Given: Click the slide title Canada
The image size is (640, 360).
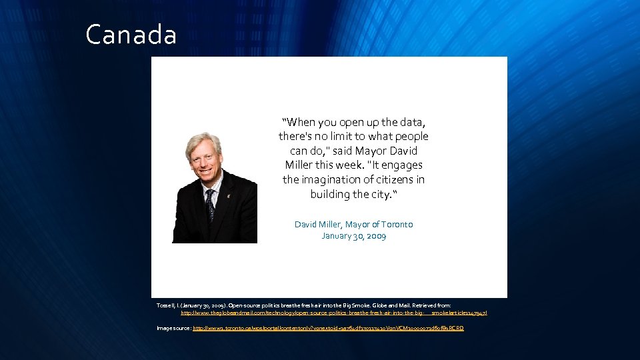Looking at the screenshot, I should coord(131,35).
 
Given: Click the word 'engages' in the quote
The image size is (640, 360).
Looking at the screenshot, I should coord(404,165).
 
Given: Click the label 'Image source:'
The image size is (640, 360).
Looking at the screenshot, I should coord(174,329).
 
